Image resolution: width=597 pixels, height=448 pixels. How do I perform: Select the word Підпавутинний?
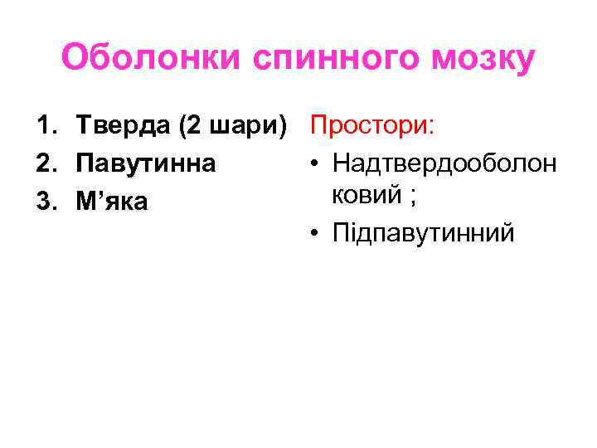coord(423,233)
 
